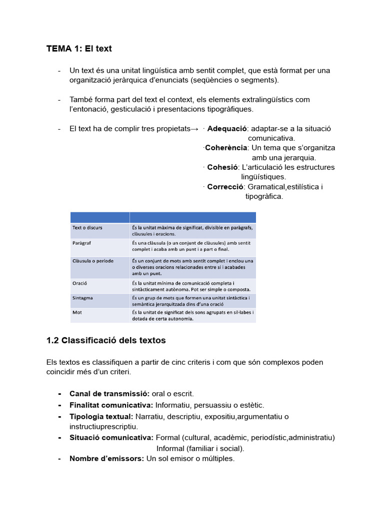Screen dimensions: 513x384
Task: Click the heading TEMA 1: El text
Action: coord(79,49)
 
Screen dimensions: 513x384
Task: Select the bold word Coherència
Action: coord(226,148)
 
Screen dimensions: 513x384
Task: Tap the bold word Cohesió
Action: coord(222,167)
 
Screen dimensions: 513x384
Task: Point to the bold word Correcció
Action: coord(225,187)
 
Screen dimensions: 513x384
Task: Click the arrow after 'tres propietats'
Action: coord(195,129)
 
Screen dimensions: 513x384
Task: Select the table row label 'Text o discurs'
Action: coord(87,228)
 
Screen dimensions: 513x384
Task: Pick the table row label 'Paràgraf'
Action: coord(82,242)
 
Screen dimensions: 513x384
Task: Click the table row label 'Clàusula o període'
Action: coord(93,261)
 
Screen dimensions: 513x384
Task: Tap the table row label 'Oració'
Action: coord(80,283)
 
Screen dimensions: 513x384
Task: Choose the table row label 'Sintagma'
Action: coord(83,298)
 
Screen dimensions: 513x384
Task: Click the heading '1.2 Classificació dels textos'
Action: coord(106,341)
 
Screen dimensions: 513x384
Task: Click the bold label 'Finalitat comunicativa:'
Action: coord(111,405)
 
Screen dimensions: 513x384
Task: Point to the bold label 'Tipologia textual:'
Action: coord(101,417)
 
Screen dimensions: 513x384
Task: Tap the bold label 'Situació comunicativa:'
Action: coord(111,437)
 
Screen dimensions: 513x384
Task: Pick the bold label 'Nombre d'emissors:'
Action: coord(107,458)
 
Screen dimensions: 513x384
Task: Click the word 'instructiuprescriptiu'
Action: coord(103,426)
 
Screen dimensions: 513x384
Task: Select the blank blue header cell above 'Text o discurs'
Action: coord(100,217)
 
